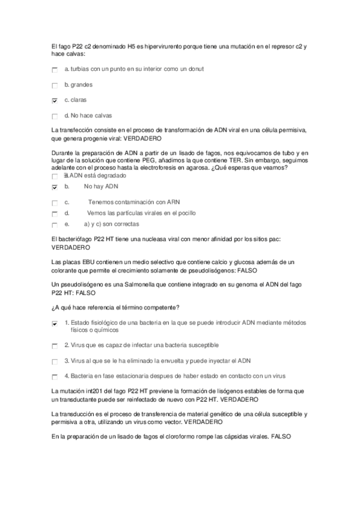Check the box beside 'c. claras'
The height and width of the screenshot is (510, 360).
point(55,100)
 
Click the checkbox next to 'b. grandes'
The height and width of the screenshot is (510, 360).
point(55,85)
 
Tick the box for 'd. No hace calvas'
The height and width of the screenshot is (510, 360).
point(55,116)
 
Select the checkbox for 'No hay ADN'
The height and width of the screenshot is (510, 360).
point(55,188)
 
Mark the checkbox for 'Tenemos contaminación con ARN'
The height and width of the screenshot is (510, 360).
point(55,202)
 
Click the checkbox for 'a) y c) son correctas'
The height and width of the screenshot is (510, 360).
point(55,225)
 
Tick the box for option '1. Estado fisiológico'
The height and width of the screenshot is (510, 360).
point(55,324)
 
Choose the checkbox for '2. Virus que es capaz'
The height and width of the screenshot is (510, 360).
point(55,346)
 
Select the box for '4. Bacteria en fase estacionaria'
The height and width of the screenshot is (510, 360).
point(55,376)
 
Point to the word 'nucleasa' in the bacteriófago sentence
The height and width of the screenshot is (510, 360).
point(156,239)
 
